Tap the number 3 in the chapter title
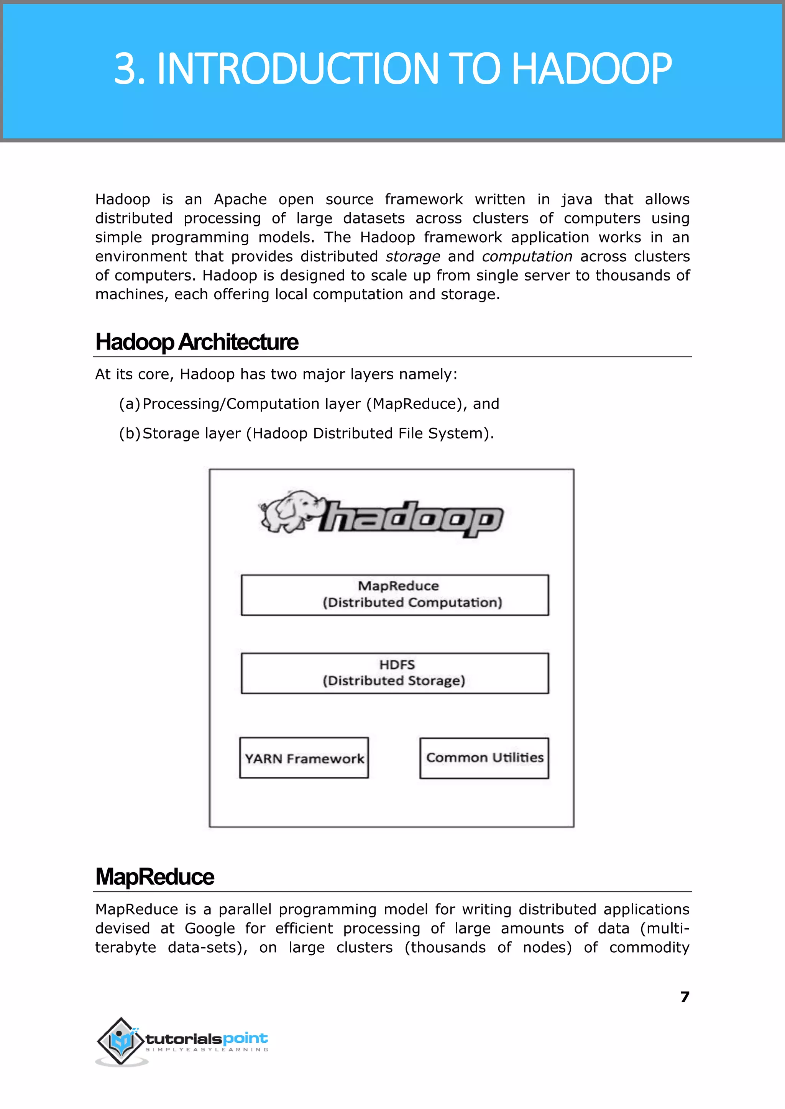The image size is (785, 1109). pyautogui.click(x=124, y=69)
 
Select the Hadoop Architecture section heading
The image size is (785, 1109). pyautogui.click(x=197, y=342)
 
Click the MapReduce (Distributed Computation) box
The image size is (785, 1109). pyautogui.click(x=395, y=595)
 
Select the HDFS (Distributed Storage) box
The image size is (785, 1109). pyautogui.click(x=395, y=673)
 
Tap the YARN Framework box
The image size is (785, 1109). pyautogui.click(x=304, y=758)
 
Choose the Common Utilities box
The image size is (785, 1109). pyautogui.click(x=484, y=758)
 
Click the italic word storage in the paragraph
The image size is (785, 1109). pyautogui.click(x=413, y=257)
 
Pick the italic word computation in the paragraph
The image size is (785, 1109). pyautogui.click(x=527, y=257)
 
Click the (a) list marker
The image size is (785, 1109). pyautogui.click(x=129, y=404)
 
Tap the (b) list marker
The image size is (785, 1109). pyautogui.click(x=129, y=433)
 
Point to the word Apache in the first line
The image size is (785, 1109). pyautogui.click(x=240, y=200)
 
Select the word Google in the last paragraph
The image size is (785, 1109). pyautogui.click(x=210, y=929)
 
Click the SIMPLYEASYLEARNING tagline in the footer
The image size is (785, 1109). pyautogui.click(x=207, y=1050)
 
